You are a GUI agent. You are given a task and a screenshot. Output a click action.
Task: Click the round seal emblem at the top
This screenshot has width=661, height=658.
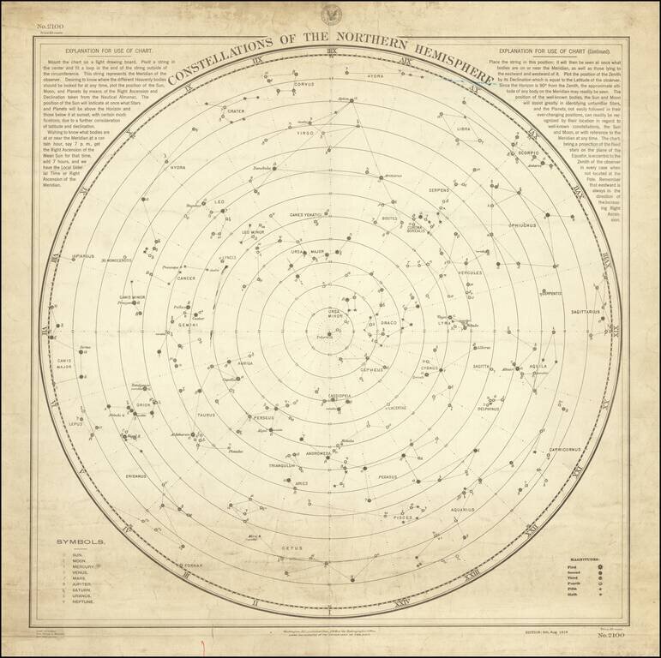point(331,15)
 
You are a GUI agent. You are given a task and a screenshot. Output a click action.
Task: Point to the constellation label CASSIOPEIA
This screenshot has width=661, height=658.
point(338,396)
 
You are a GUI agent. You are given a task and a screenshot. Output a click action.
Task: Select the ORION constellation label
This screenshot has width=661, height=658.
point(143,404)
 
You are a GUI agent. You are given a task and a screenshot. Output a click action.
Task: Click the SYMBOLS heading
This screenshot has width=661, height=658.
point(81,542)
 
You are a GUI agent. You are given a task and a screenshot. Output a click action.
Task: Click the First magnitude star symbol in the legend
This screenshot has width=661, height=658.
point(604,565)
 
